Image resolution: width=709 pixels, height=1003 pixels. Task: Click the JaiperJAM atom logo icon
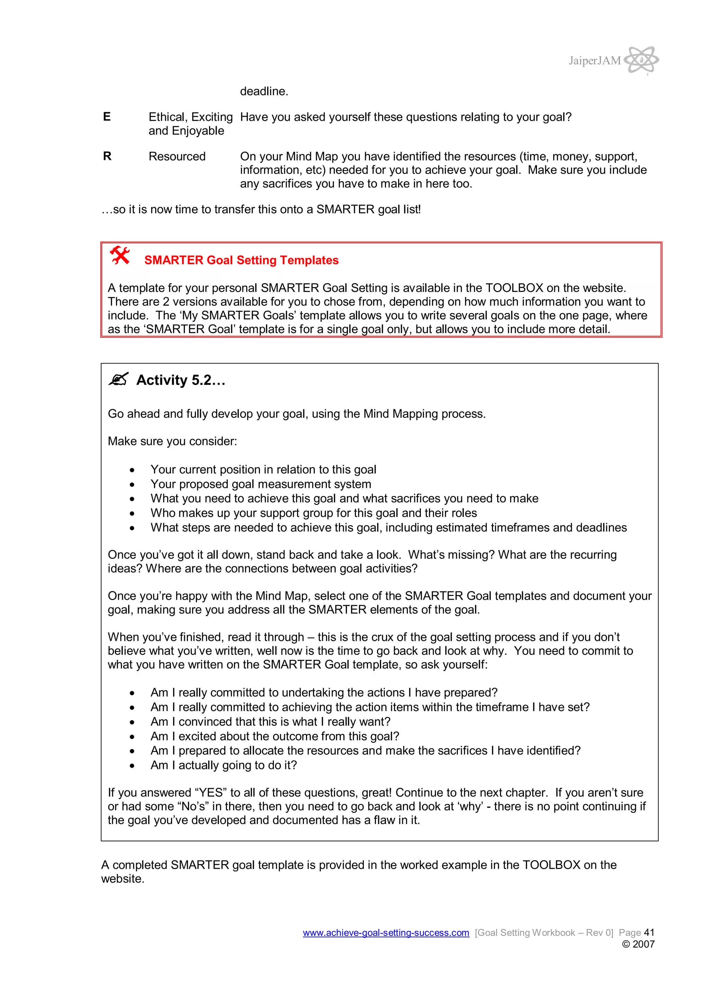pos(641,60)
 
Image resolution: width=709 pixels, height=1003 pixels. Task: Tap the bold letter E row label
pos(107,117)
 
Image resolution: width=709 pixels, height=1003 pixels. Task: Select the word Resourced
pos(177,156)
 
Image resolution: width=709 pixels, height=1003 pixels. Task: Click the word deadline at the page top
pos(264,91)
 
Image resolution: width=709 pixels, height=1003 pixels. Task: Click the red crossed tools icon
pos(120,256)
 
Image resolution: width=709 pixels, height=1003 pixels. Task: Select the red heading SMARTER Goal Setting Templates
pos(241,260)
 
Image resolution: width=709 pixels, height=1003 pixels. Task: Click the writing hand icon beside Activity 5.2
pos(118,379)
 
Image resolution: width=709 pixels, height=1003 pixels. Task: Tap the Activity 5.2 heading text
pos(180,380)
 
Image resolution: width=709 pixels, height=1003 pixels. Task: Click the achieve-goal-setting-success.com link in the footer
pos(386,933)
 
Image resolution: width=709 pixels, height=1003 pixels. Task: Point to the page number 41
pos(649,932)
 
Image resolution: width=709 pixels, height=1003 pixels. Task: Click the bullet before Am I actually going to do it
pos(132,766)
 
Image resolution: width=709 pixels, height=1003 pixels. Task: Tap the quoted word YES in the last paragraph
pos(210,793)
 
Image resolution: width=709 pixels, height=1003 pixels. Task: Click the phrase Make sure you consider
pos(172,441)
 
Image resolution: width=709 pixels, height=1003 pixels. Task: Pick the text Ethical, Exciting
pos(190,117)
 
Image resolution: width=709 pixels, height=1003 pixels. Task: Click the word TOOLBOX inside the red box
pos(514,288)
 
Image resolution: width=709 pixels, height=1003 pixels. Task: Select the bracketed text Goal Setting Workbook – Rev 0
pos(544,933)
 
